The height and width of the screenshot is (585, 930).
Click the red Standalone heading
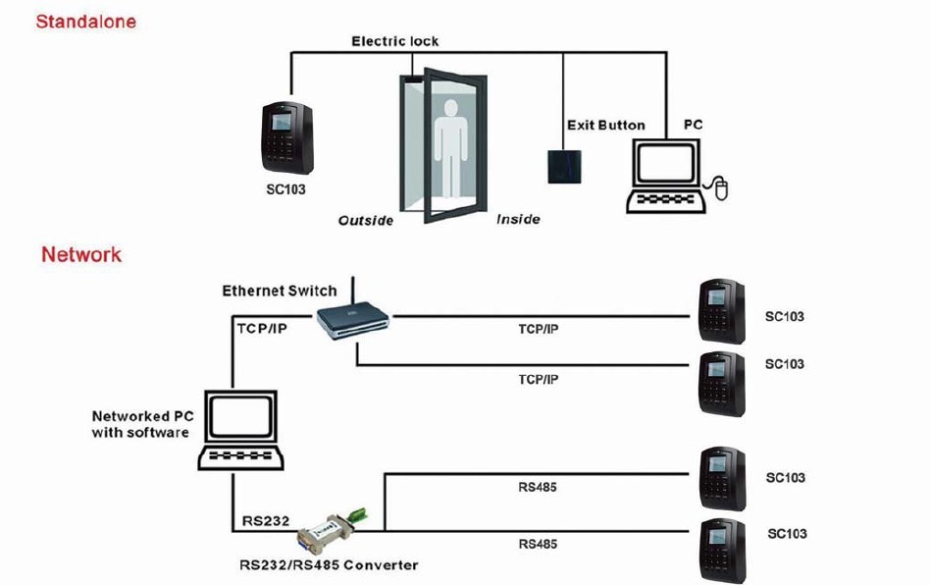point(85,21)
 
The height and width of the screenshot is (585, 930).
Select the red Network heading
point(81,254)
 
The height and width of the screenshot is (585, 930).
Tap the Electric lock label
point(394,41)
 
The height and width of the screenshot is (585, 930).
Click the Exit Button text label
point(605,125)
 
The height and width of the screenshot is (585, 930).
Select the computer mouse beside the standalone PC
point(722,188)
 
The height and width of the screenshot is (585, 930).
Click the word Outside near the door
point(366,220)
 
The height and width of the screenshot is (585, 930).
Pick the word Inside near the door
point(518,218)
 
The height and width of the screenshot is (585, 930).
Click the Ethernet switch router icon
point(351,322)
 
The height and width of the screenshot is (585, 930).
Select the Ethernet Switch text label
point(279,291)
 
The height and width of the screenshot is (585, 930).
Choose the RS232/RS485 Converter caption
point(329,564)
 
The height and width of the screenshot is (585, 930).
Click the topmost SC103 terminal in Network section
point(721,308)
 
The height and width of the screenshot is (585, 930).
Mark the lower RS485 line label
point(538,543)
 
